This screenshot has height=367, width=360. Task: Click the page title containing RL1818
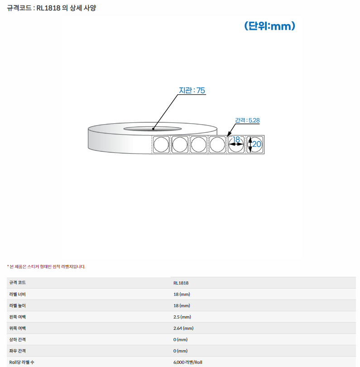pos(52,8)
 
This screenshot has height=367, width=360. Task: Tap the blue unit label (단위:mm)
pos(269,26)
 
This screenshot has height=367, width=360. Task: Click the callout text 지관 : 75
pos(192,90)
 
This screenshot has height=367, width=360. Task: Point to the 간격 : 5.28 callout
pos(247,121)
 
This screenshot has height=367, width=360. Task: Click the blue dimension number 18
pos(236,140)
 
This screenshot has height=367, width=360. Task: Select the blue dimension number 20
pos(257,144)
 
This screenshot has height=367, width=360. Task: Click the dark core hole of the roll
pos(153,129)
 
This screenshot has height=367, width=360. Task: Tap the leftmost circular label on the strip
pos(161,145)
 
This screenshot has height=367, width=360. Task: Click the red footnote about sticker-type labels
pos(46,266)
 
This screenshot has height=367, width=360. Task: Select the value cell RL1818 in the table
pos(181,283)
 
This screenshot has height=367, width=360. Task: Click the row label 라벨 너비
pos(17,294)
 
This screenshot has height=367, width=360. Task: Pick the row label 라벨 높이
pos(17,305)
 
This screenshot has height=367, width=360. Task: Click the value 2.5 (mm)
pos(182,317)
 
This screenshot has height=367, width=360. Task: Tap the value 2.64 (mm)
pos(183,328)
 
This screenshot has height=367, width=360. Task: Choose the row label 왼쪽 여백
pos(17,317)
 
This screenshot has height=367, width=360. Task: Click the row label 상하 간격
pos(17,340)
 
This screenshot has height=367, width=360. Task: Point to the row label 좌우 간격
pos(17,351)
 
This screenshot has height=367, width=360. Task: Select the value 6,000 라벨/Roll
pos(187,362)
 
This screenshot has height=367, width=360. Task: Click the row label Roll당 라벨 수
pos(22,362)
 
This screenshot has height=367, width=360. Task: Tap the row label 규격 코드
pos(17,283)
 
